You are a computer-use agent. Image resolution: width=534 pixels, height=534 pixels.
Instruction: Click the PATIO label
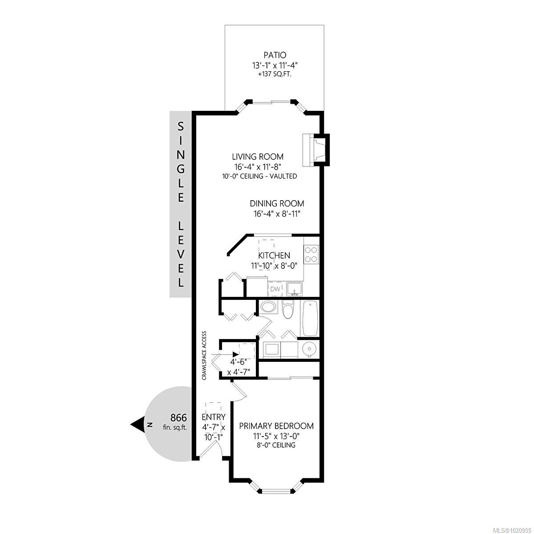[274, 55]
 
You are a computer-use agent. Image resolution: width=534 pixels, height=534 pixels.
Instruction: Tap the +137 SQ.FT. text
[274, 74]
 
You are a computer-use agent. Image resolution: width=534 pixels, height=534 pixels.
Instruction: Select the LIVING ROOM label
[258, 157]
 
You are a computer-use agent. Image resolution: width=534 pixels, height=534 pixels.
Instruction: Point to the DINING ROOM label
[277, 203]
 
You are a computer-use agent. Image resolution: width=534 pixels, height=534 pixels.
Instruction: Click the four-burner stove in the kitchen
[311, 254]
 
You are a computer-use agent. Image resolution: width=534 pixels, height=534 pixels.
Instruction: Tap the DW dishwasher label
[275, 289]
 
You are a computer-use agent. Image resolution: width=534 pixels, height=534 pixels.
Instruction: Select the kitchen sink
[294, 289]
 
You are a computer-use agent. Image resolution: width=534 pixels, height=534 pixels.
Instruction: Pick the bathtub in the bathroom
[310, 319]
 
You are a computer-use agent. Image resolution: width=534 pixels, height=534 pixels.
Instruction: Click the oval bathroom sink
[268, 307]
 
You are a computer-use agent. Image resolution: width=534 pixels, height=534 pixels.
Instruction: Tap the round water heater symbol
[308, 349]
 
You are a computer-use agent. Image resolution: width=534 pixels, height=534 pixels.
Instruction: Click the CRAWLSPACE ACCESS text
[204, 355]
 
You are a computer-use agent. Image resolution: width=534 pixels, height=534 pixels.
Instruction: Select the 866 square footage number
[178, 418]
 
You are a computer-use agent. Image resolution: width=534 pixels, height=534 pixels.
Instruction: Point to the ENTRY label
[214, 417]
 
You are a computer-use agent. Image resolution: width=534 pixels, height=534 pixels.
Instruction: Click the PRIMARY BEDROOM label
[276, 426]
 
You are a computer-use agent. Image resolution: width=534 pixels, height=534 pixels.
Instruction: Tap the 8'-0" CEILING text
[276, 445]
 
